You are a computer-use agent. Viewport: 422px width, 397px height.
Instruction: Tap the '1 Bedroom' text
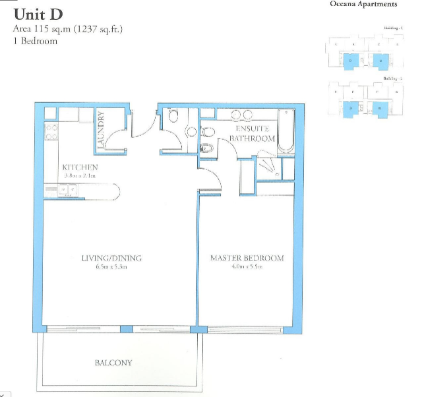pyautogui.click(x=35, y=41)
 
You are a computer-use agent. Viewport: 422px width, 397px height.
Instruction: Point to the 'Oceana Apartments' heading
pyautogui.click(x=363, y=5)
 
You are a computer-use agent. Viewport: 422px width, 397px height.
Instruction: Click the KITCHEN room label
pyautogui.click(x=80, y=168)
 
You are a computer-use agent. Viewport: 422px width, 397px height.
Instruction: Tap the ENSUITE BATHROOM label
pyautogui.click(x=255, y=134)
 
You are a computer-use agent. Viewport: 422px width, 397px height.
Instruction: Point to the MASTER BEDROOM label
pyautogui.click(x=247, y=258)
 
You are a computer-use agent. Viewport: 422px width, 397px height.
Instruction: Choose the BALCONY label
pyautogui.click(x=113, y=363)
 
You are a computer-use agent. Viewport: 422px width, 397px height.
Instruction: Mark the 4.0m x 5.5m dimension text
pyautogui.click(x=247, y=267)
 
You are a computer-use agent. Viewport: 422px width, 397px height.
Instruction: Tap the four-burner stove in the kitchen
pyautogui.click(x=51, y=132)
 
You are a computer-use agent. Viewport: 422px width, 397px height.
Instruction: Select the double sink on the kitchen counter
pyautogui.click(x=66, y=191)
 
